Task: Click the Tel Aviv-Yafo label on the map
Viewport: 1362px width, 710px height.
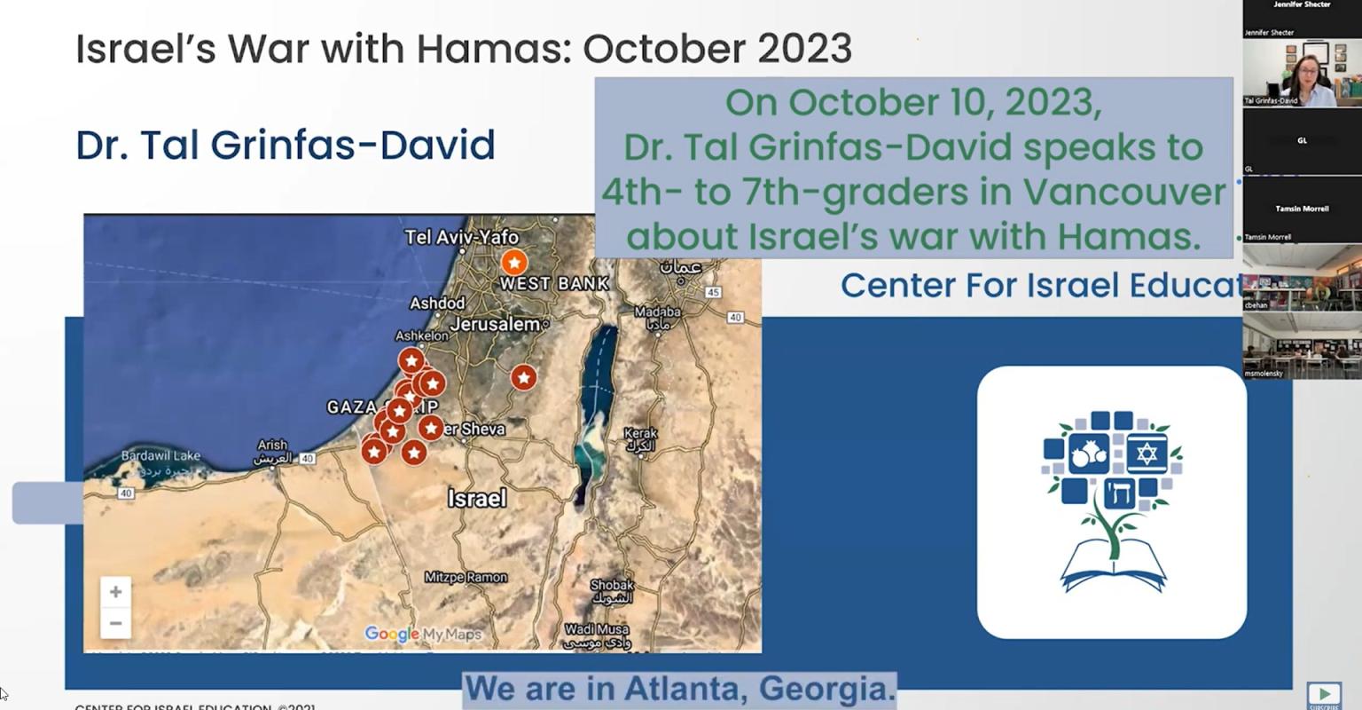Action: click(x=461, y=237)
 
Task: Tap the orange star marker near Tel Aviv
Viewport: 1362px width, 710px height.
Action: click(x=513, y=263)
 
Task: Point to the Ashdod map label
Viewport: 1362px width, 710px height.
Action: click(x=437, y=304)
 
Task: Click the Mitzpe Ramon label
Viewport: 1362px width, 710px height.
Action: click(x=466, y=578)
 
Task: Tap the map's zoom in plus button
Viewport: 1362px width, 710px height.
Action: click(x=115, y=592)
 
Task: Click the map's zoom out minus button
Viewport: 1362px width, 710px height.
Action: click(x=115, y=623)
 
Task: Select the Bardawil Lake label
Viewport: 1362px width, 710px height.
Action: click(x=160, y=456)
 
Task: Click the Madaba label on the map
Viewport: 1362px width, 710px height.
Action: click(x=657, y=312)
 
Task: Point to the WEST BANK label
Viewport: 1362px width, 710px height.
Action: click(x=554, y=284)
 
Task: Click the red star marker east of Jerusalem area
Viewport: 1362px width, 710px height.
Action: click(x=524, y=378)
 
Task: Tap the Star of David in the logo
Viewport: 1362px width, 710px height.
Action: click(x=1147, y=454)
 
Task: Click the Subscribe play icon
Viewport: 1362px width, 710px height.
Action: click(x=1324, y=694)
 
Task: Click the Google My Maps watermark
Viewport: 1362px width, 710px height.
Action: click(x=423, y=634)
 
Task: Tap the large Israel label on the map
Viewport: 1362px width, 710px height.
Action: click(x=477, y=499)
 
